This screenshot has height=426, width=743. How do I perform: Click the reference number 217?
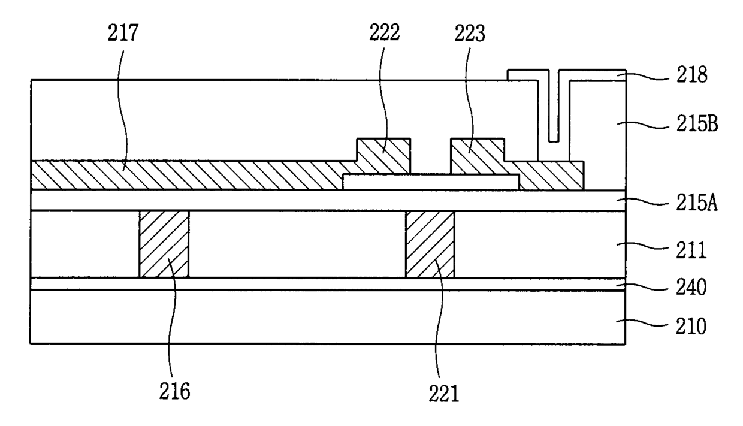coord(123,34)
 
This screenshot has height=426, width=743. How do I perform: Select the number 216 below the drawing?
coord(174,392)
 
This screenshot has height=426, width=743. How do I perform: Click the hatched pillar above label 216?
coord(164,243)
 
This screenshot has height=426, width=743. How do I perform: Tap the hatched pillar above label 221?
coord(430,243)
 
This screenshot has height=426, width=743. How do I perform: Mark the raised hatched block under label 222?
coord(383,155)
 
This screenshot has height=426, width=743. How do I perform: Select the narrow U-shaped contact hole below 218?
coord(554,114)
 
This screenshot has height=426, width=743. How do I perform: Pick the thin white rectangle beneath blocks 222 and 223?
coord(430,182)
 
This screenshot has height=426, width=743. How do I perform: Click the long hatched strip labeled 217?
coord(180,175)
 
